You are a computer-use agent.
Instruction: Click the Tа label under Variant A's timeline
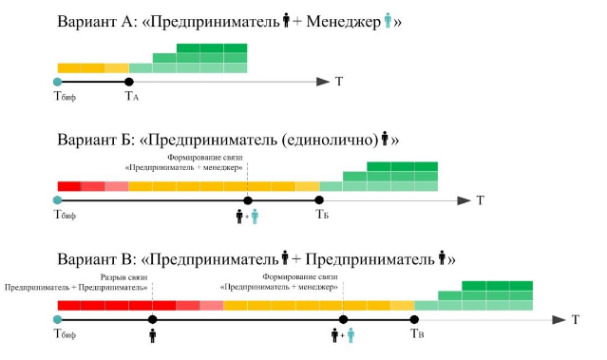132,96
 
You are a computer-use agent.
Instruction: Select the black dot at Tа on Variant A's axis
129,82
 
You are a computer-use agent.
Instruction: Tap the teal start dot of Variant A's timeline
58,82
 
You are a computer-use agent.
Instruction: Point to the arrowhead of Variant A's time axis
323,82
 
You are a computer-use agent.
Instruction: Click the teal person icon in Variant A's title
388,20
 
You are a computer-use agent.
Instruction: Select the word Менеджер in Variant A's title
343,22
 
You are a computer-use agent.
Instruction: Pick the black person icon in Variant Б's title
385,138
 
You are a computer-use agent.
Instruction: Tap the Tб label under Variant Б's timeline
322,214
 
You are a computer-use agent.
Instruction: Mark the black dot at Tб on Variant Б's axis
319,200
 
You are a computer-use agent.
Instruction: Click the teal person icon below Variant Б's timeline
255,217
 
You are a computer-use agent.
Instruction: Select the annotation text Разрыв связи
123,277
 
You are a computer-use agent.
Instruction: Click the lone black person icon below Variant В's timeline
153,335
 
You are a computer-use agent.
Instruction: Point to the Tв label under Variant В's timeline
417,333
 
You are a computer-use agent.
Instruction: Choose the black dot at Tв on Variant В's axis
414,320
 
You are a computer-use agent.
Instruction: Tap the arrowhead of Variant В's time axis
559,320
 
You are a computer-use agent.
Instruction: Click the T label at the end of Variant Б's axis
480,200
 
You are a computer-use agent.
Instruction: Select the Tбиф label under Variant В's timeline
65,333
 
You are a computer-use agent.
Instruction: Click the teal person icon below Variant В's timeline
351,335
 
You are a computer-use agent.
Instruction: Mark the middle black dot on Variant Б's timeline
248,200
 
